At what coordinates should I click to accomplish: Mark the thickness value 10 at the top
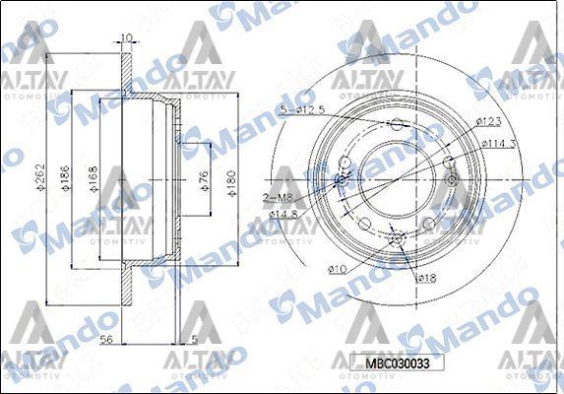(126, 38)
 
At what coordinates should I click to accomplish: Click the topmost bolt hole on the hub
(397, 124)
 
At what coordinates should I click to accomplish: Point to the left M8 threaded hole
(343, 180)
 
